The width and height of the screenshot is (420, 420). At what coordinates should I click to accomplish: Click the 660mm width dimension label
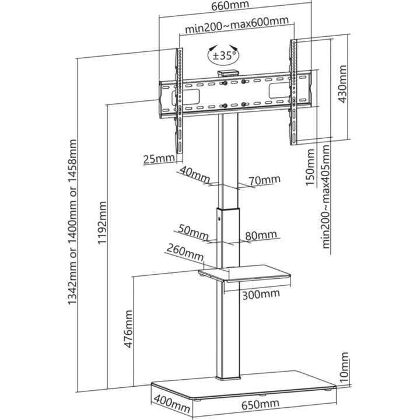click(x=230, y=5)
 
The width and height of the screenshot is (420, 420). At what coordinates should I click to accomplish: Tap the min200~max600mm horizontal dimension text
click(x=237, y=24)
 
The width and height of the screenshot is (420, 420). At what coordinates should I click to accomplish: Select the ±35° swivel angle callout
click(x=224, y=56)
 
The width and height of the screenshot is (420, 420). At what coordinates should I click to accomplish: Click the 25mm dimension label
click(x=159, y=159)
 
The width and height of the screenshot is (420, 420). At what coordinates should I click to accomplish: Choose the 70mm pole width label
click(x=264, y=180)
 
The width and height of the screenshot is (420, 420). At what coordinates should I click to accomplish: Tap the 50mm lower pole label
click(x=193, y=232)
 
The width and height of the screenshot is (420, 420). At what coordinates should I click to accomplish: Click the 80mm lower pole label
click(x=261, y=235)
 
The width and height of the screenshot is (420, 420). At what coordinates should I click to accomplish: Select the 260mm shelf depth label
click(x=185, y=253)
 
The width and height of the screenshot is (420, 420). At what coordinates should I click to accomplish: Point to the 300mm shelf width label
click(x=261, y=295)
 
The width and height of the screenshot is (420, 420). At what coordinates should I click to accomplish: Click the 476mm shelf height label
click(x=128, y=329)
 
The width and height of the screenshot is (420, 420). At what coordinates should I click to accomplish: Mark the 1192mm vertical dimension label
click(x=102, y=223)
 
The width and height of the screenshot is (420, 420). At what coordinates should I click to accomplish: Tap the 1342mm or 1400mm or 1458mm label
click(x=72, y=222)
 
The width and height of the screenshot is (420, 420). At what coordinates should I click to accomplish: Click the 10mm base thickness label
click(x=344, y=367)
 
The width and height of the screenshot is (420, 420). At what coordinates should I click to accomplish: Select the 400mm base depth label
click(x=171, y=401)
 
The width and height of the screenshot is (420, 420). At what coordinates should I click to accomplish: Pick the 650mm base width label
click(x=260, y=404)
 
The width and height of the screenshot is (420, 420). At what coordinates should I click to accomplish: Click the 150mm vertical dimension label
click(x=310, y=167)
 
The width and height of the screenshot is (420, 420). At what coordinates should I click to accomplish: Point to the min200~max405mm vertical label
click(x=325, y=197)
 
